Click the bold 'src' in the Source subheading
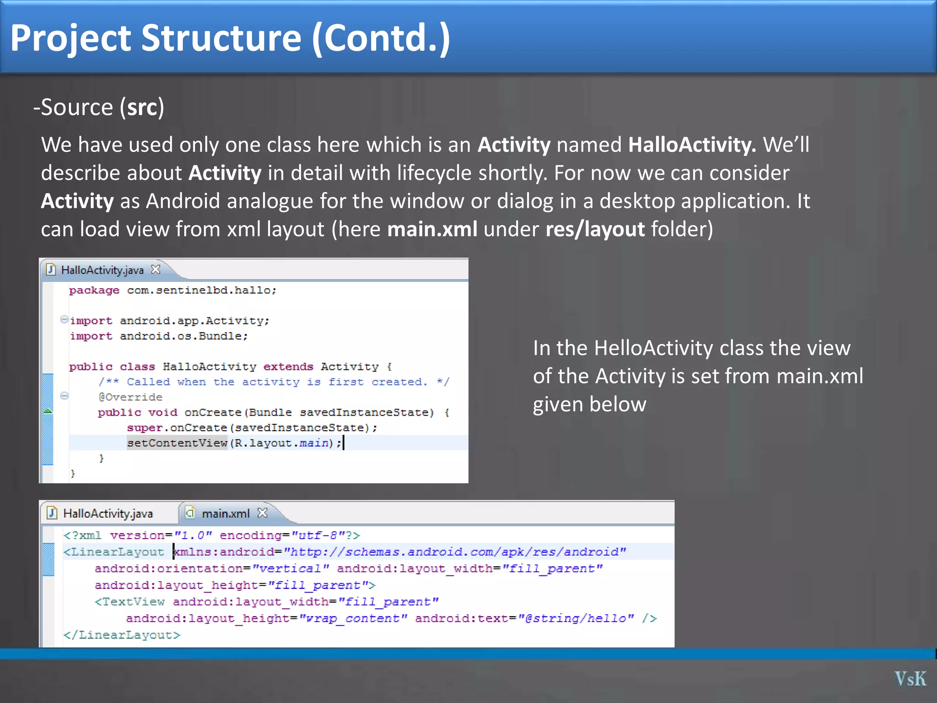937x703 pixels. pos(143,108)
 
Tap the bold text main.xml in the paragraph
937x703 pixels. pos(432,229)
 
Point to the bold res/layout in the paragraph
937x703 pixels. pos(595,229)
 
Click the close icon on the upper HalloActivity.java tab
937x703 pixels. pos(156,270)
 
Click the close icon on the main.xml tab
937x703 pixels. pos(262,513)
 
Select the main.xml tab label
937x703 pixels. pos(226,514)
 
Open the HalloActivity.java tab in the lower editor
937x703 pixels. pos(108,514)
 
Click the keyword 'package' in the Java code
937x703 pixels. pos(94,291)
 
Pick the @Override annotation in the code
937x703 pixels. pos(130,397)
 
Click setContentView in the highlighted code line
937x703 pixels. pos(177,443)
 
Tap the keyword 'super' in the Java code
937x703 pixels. pos(145,428)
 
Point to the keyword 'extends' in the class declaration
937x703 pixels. pos(288,367)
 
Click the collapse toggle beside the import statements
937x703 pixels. pos(65,319)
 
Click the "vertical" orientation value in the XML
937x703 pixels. pos(291,569)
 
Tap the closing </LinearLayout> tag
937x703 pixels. pos(122,635)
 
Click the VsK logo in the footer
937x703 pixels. pos(910,679)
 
